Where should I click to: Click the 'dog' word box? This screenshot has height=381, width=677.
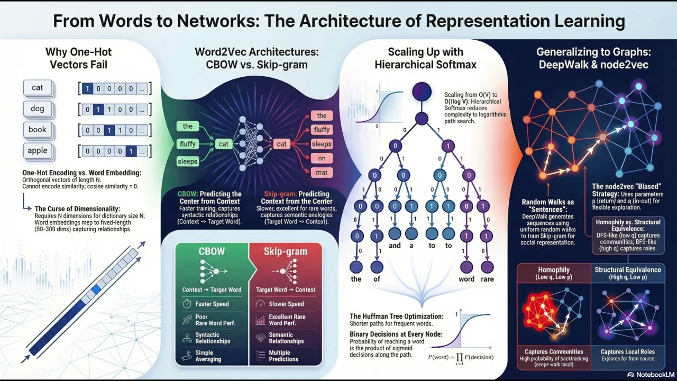tap(38, 108)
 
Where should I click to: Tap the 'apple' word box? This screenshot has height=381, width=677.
tap(38, 150)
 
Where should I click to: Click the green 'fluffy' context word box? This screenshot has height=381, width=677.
tap(188, 143)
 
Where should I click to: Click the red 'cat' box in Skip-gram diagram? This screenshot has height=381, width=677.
tap(281, 143)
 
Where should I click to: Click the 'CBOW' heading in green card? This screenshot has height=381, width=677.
tap(212, 251)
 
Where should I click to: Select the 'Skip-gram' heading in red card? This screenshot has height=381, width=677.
tap(286, 251)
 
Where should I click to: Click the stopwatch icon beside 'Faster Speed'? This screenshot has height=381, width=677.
tap(186, 304)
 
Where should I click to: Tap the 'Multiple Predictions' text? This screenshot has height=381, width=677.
tap(283, 356)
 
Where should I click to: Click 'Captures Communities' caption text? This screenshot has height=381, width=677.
tap(554, 351)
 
